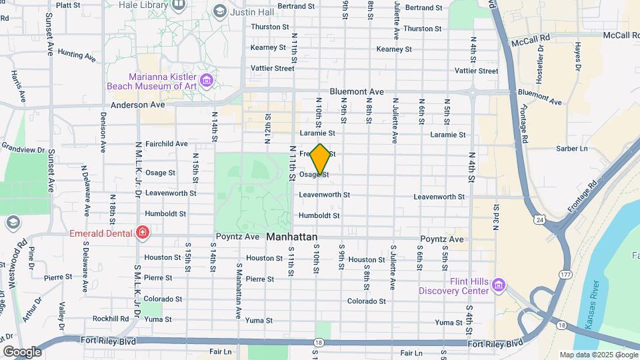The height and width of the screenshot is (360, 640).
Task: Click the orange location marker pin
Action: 321,160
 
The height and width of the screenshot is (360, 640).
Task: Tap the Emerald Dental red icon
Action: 142,232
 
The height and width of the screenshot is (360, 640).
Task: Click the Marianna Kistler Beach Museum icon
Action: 207,81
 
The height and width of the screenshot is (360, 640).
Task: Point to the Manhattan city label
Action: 291,237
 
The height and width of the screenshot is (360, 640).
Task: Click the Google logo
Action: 22,351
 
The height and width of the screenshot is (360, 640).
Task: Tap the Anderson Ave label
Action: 138,105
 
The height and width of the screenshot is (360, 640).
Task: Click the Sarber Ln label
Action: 573,148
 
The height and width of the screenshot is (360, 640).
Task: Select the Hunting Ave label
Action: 77,54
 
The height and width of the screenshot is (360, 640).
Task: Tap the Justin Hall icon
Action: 220,11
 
